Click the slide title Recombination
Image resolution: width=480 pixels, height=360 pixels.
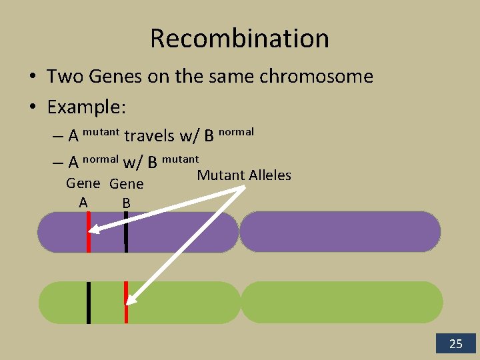pyautogui.click(x=239, y=38)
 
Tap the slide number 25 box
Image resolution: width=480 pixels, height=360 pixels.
pyautogui.click(x=456, y=344)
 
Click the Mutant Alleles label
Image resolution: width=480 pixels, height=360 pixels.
pyautogui.click(x=244, y=175)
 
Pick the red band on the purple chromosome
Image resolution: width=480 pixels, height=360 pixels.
pyautogui.click(x=88, y=232)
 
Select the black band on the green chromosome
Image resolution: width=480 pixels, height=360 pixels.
pyautogui.click(x=88, y=302)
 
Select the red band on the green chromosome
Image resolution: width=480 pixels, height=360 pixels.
pyautogui.click(x=126, y=302)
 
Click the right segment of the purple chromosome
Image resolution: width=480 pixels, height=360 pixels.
pyautogui.click(x=340, y=232)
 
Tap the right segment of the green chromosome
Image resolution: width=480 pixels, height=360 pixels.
pyautogui.click(x=341, y=302)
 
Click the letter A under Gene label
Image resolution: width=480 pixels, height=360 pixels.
pyautogui.click(x=83, y=202)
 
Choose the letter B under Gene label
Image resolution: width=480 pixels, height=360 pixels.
pyautogui.click(x=126, y=203)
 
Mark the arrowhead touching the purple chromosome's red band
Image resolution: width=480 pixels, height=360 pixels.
pyautogui.click(x=95, y=231)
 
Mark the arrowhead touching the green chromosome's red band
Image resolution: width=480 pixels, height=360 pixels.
pyautogui.click(x=131, y=299)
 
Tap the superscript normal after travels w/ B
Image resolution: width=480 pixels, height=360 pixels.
pyautogui.click(x=236, y=131)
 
